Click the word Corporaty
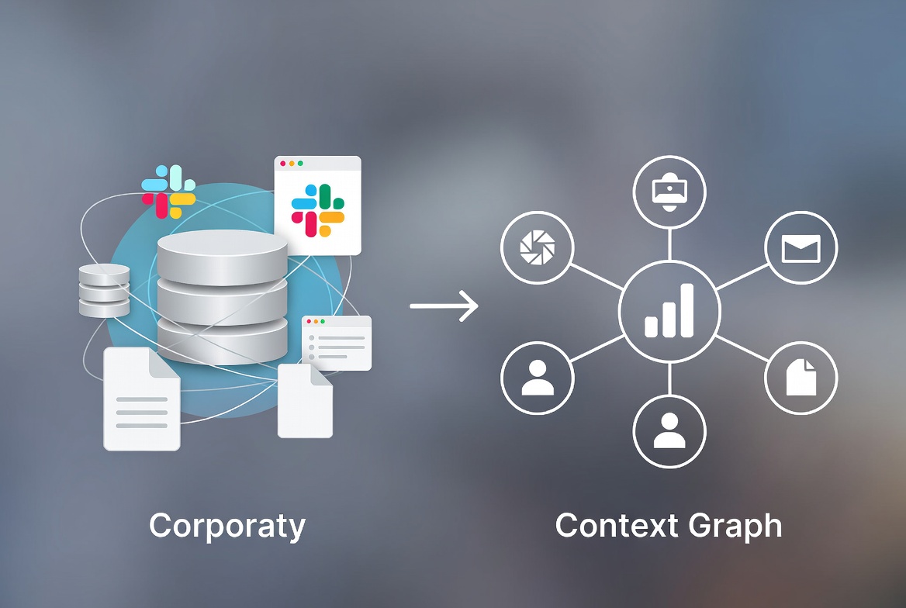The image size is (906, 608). (227, 527)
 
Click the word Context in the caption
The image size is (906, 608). (617, 525)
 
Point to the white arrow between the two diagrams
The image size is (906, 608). (444, 306)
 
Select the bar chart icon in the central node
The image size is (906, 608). (669, 310)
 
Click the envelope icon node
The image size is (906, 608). (801, 248)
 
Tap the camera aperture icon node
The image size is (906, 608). (538, 248)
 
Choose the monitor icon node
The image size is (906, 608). (669, 192)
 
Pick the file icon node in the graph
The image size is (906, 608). (801, 378)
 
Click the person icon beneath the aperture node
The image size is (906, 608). (538, 378)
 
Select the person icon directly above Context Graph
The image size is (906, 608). (669, 431)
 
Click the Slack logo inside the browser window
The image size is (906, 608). (318, 210)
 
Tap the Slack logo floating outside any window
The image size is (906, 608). (169, 192)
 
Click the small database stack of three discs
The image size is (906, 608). (104, 290)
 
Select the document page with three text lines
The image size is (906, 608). (141, 399)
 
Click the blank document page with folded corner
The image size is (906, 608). (305, 400)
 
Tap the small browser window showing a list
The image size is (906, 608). (337, 343)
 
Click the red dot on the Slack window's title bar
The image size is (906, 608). (283, 164)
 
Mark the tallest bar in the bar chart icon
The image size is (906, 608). (687, 310)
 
